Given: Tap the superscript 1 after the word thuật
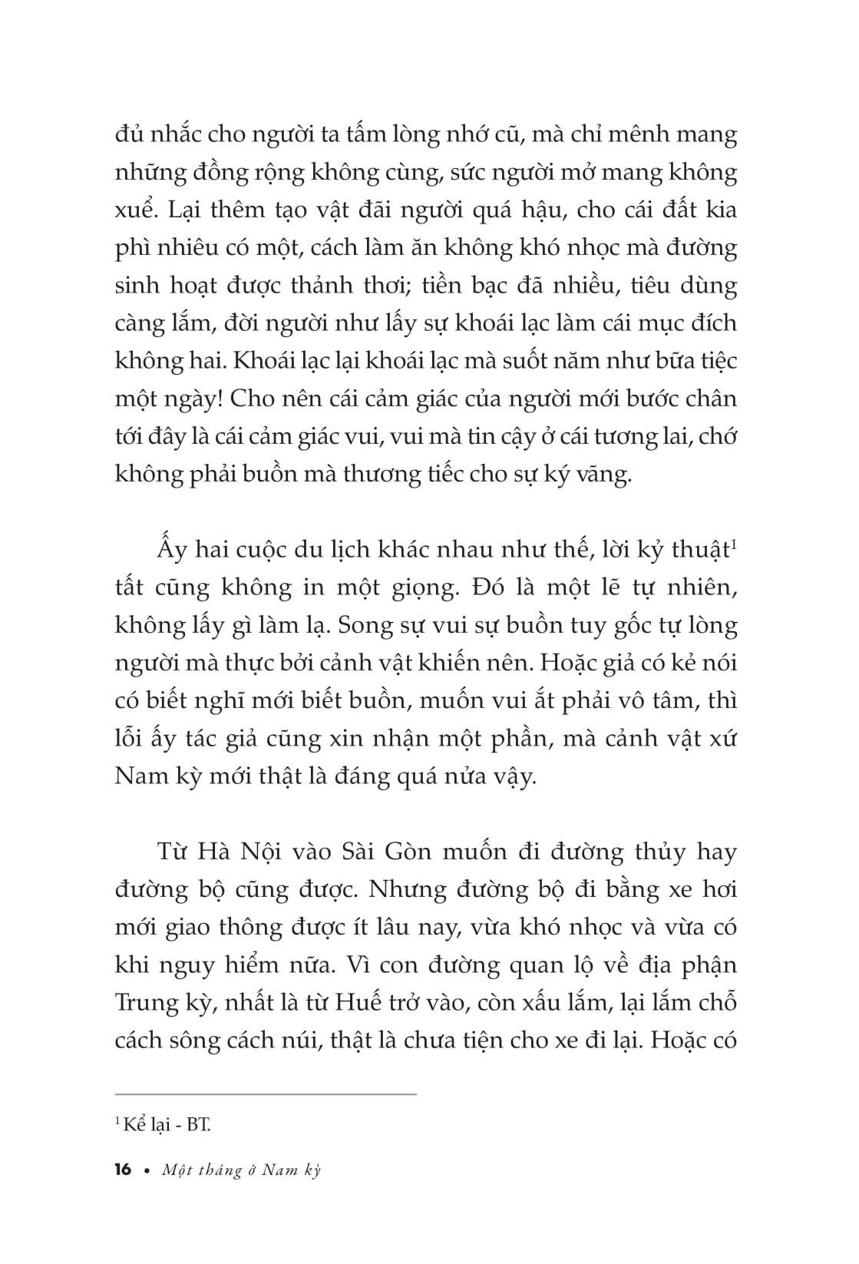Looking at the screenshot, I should pyautogui.click(x=733, y=544).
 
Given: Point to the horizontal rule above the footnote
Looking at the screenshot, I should pyautogui.click(x=265, y=1094).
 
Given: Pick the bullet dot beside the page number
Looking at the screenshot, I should pyautogui.click(x=146, y=1170).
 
